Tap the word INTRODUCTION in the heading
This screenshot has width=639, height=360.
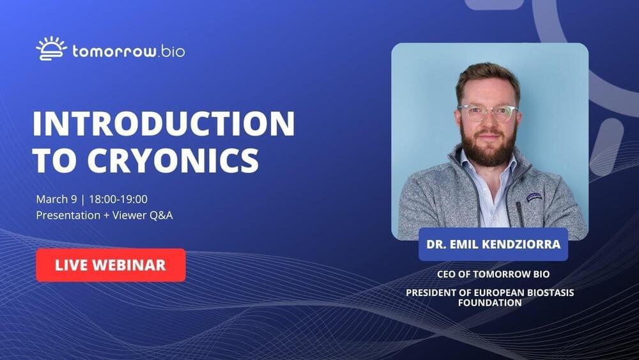(x=164, y=123)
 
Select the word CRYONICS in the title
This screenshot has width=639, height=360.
(x=173, y=160)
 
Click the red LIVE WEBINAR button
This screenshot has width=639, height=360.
(x=111, y=265)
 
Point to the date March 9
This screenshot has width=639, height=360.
(x=56, y=200)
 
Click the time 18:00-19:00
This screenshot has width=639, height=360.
(x=118, y=199)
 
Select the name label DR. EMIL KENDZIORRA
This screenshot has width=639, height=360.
(x=493, y=244)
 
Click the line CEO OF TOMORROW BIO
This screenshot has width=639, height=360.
(x=493, y=274)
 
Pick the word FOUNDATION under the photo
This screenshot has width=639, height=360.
(x=489, y=302)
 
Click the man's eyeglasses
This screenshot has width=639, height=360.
(x=488, y=113)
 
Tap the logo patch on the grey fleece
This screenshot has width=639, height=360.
(x=534, y=198)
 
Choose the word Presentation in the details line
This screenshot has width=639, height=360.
(x=68, y=215)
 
